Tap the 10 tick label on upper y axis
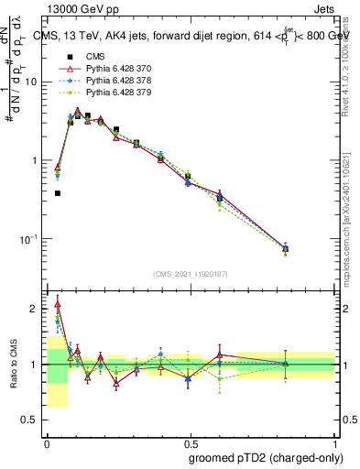pyautogui.click(x=31, y=82)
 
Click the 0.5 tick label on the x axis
pyautogui.click(x=191, y=440)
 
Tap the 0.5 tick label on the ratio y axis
pyautogui.click(x=29, y=420)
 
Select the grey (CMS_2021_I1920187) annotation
pyautogui.click(x=191, y=274)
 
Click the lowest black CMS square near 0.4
pyautogui.click(x=58, y=193)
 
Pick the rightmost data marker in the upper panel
pyautogui.click(x=285, y=248)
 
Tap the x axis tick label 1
pyautogui.click(x=335, y=440)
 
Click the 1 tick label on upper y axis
pyautogui.click(x=35, y=160)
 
